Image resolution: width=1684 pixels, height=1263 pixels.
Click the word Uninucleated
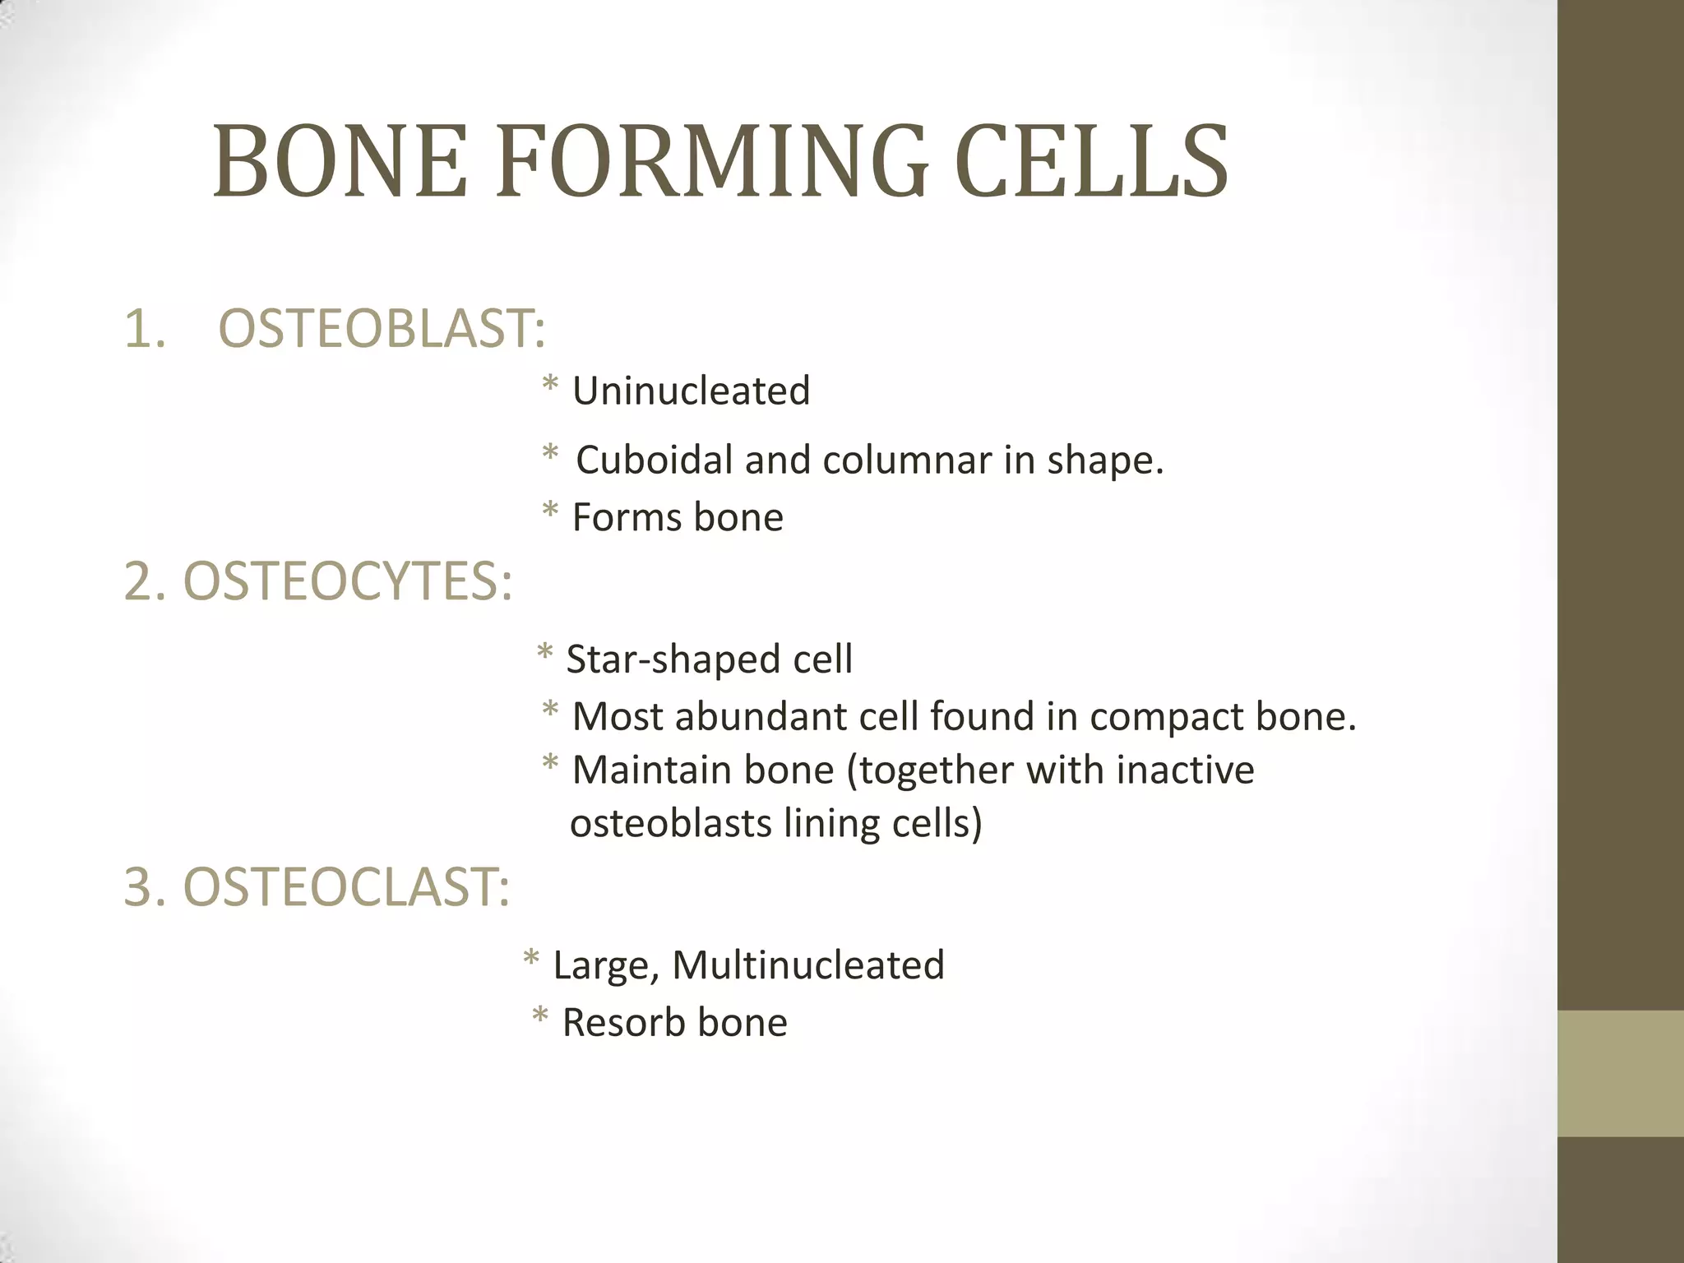coord(691,391)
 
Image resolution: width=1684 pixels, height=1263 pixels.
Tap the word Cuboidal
coord(654,460)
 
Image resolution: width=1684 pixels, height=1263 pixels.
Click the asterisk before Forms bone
coord(550,512)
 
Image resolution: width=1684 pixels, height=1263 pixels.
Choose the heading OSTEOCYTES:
coord(347,581)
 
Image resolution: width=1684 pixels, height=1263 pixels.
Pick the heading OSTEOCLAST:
coord(345,888)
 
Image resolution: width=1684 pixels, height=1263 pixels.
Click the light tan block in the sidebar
coord(1620,1073)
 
